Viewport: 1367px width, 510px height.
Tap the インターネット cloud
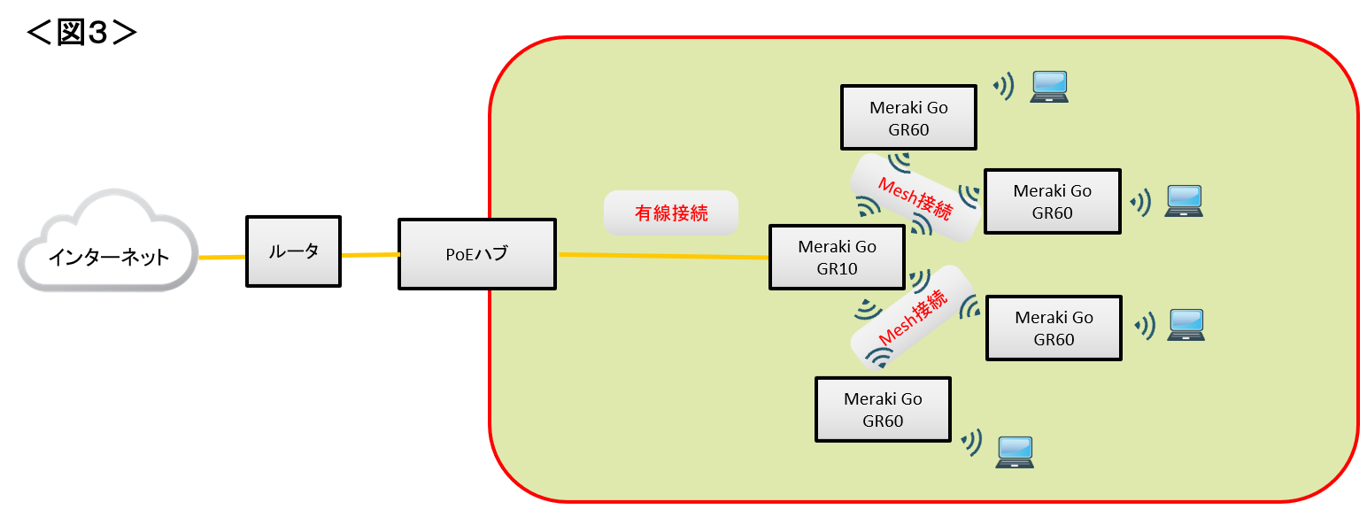point(107,257)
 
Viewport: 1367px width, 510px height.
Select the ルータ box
point(293,251)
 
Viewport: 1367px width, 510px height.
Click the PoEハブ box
point(477,255)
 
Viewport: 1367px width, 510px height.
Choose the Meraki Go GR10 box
point(837,257)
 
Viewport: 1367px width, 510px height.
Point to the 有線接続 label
point(670,212)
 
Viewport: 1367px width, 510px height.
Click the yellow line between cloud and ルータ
point(221,258)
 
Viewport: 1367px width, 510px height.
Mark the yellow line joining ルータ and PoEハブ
point(370,255)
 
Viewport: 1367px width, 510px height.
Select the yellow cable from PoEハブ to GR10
point(664,257)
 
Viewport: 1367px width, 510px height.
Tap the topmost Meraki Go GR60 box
point(908,117)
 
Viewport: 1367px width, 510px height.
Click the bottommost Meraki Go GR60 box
point(883,409)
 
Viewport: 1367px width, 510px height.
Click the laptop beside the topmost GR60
point(1049,87)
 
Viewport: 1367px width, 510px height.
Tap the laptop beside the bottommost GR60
point(1015,452)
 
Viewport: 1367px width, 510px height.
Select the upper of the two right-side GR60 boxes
point(1052,201)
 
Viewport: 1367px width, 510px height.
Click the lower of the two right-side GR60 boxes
point(1054,328)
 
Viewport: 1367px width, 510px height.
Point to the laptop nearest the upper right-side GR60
point(1184,201)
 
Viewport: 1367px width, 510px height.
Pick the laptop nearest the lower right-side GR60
point(1186,325)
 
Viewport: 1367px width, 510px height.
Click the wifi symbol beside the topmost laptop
point(1004,86)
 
